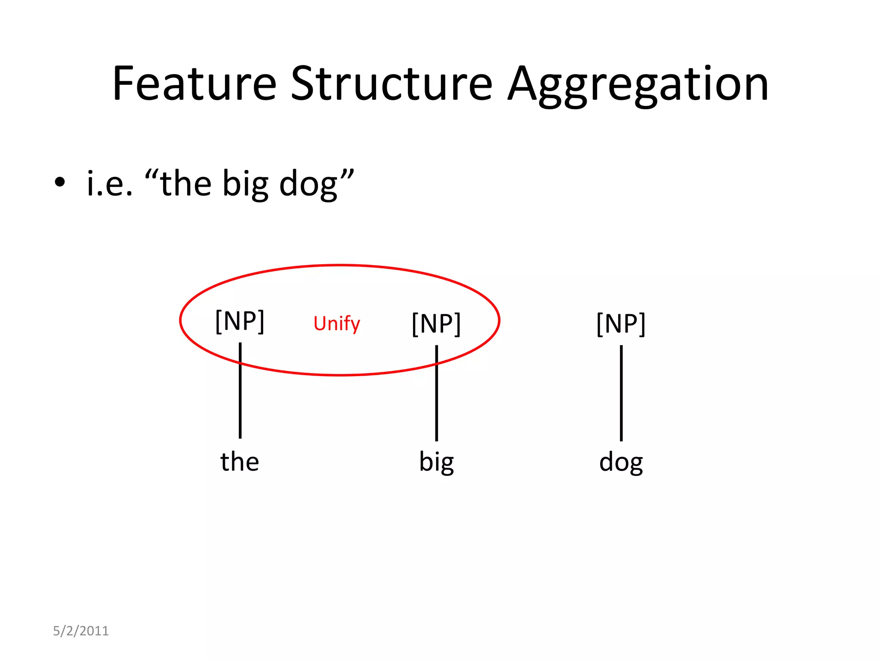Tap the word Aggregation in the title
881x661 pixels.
(x=638, y=84)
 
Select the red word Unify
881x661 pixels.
(x=336, y=324)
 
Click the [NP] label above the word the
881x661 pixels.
(x=240, y=321)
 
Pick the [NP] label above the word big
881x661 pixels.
(x=436, y=324)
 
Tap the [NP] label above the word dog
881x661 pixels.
(x=621, y=324)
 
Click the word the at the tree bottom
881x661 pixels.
(x=240, y=461)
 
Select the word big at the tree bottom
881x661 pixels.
(x=436, y=462)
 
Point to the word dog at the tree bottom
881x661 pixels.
(x=621, y=462)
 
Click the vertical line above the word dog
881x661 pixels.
(x=621, y=392)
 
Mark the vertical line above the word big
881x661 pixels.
(x=437, y=392)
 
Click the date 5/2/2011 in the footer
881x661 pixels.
(x=81, y=631)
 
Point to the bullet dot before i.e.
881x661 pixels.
(x=60, y=182)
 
